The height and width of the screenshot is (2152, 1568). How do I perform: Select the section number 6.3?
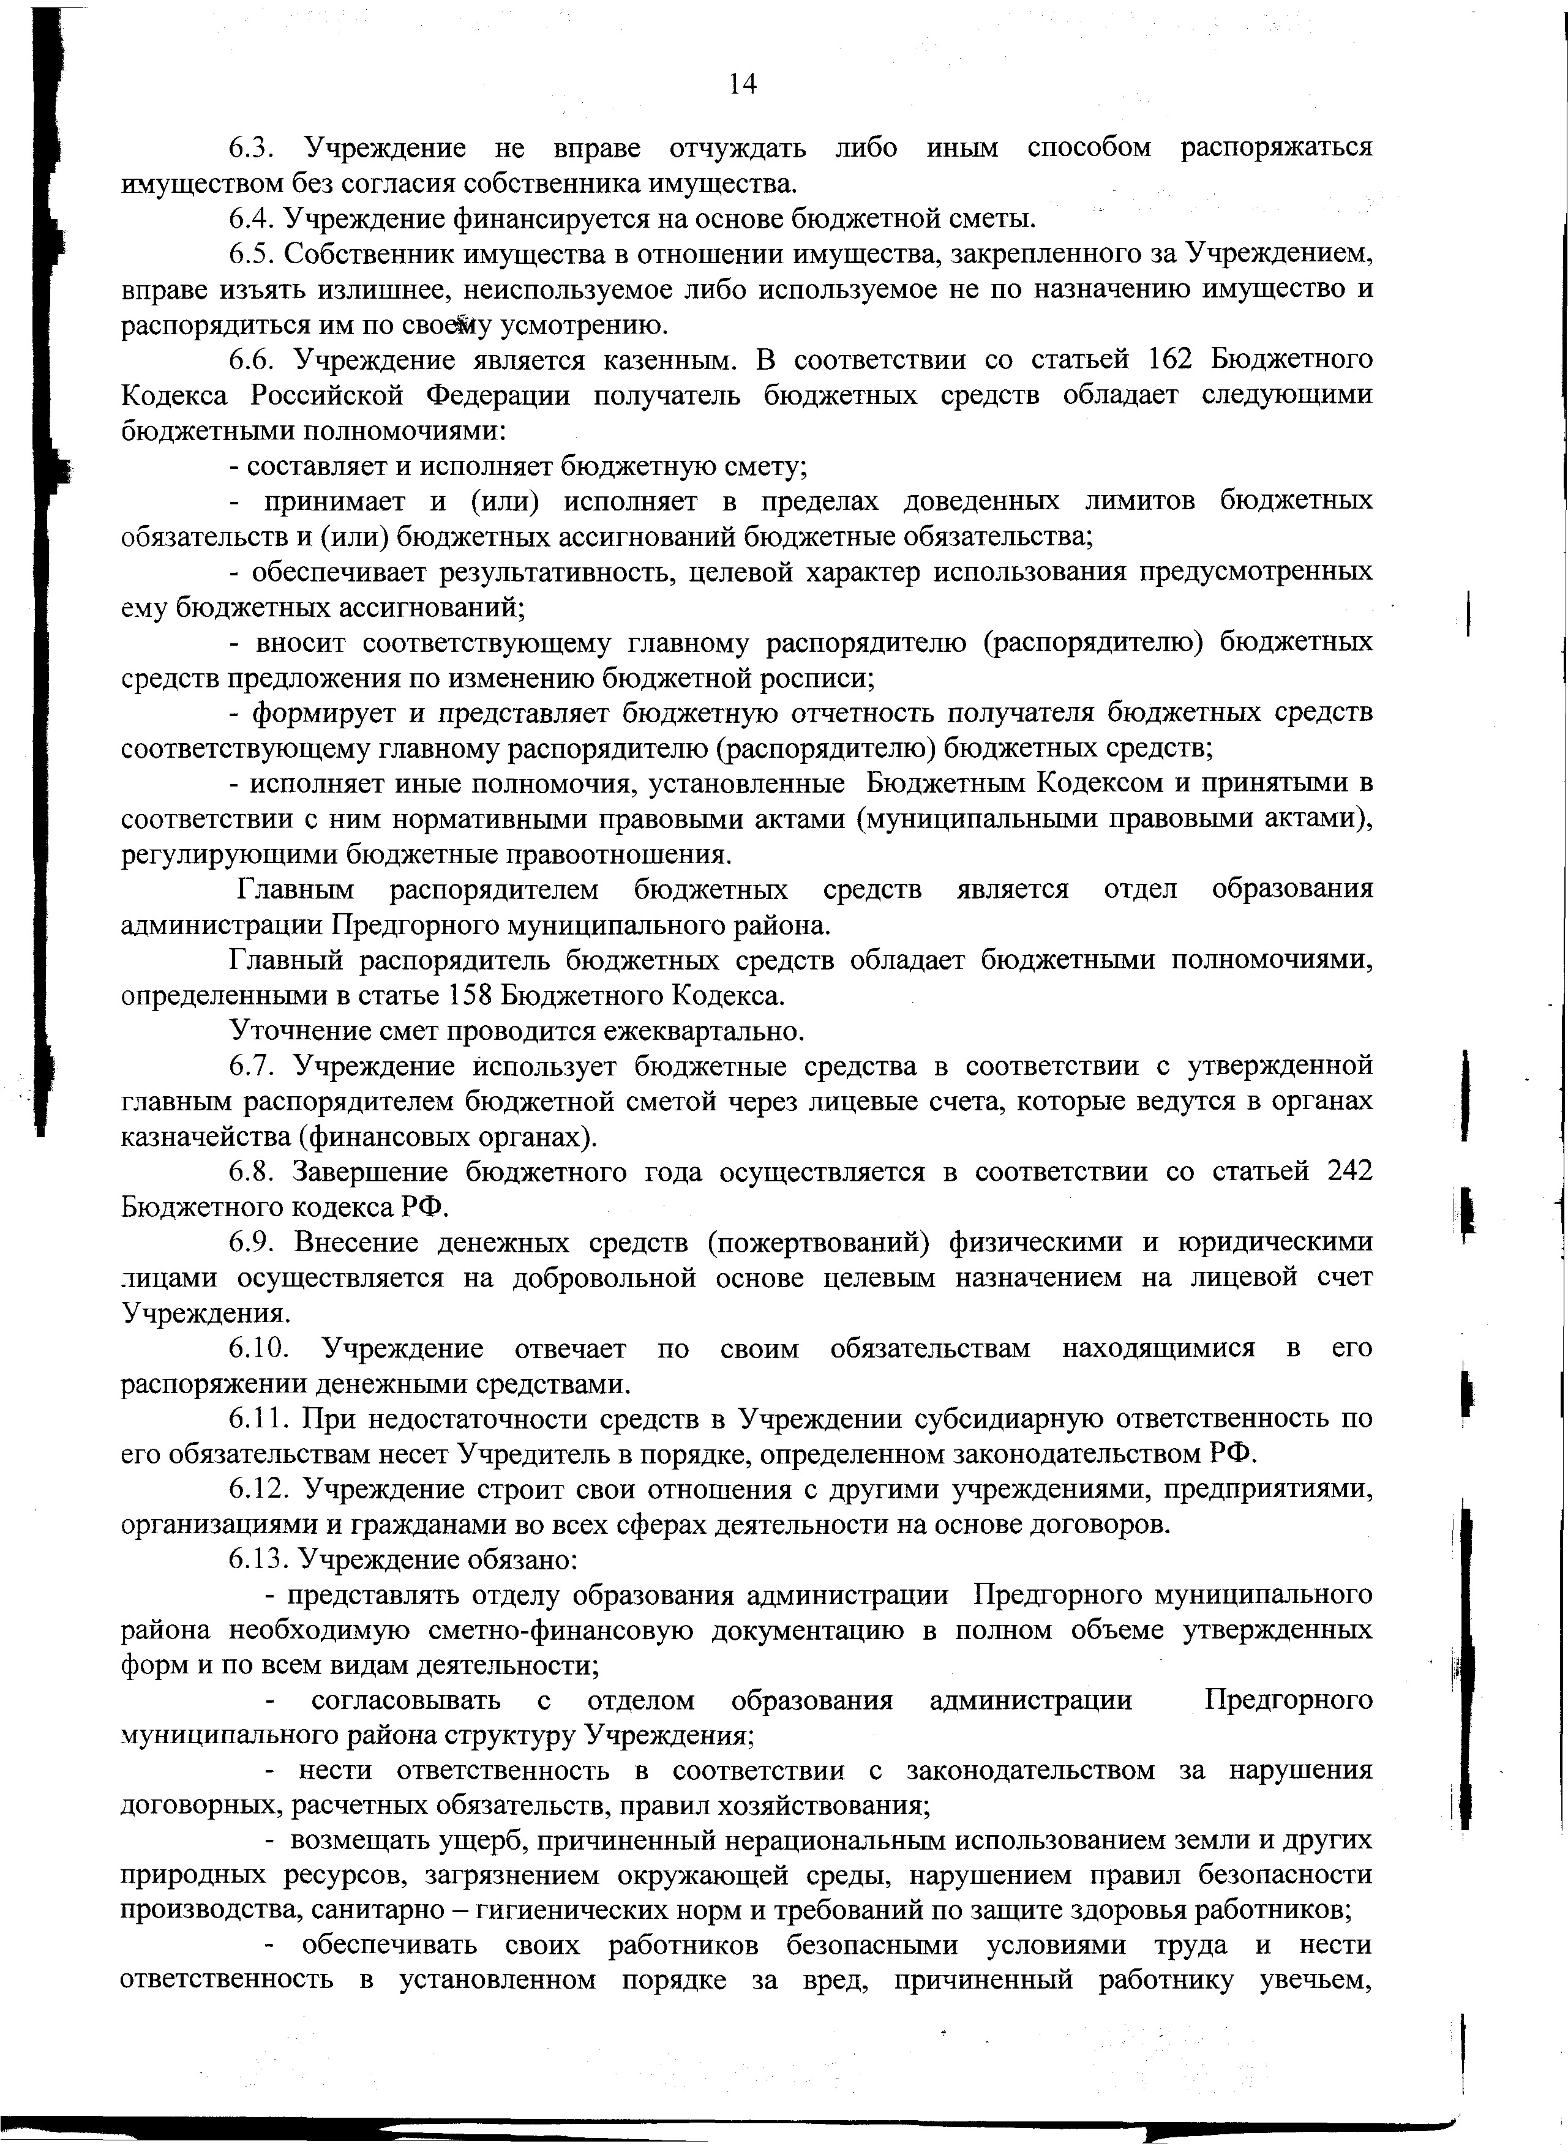pyautogui.click(x=252, y=148)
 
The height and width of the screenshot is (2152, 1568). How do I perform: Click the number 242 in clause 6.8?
pyautogui.click(x=1349, y=1173)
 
